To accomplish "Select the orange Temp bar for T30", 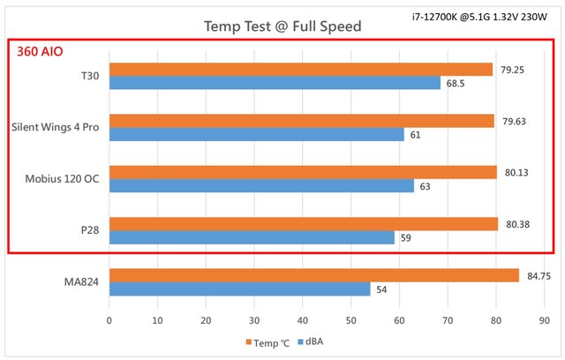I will coord(300,69).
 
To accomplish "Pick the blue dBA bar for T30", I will coord(274,83).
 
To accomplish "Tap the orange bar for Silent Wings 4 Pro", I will coord(301,121).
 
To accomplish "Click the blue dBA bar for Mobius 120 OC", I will coord(260,186).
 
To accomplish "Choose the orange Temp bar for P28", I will coord(303,224).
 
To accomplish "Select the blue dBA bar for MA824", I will coord(238,289).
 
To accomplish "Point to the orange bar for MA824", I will coord(313,275).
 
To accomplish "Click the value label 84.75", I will coord(539,276).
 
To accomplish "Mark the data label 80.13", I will coord(516,173).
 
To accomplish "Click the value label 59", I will coord(405,238).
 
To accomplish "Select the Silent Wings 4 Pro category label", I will coord(54,127).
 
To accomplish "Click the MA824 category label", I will coord(80,281).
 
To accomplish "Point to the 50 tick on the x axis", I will coord(351,322).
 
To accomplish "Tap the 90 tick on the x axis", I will coord(545,322).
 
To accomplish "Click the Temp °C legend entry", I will coord(264,342).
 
